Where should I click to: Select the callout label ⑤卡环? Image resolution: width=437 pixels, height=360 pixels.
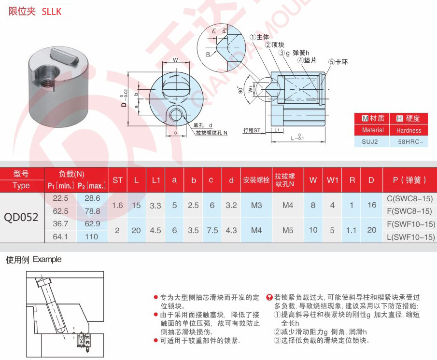338,62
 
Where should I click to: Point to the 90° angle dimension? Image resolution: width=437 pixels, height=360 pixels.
240,90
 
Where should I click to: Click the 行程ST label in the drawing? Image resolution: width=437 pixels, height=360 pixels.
252,130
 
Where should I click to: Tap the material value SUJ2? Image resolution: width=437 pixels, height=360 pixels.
373,143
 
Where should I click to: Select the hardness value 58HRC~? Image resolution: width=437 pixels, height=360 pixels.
409,143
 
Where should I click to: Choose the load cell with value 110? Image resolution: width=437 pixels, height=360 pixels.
92,236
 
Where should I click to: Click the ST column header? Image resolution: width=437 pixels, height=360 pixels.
117,180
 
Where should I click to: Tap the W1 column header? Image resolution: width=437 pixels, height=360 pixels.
332,180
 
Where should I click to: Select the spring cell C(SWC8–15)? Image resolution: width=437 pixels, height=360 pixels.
410,198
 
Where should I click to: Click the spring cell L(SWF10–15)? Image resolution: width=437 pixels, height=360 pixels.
410,236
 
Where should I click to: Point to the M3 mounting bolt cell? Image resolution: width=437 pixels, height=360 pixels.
256,205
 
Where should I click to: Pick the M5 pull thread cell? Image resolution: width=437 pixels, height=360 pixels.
288,230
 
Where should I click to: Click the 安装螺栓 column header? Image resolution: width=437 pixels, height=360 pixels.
256,180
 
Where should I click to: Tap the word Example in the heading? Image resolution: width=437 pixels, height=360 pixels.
47,260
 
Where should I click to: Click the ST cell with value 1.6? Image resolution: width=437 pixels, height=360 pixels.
117,205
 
